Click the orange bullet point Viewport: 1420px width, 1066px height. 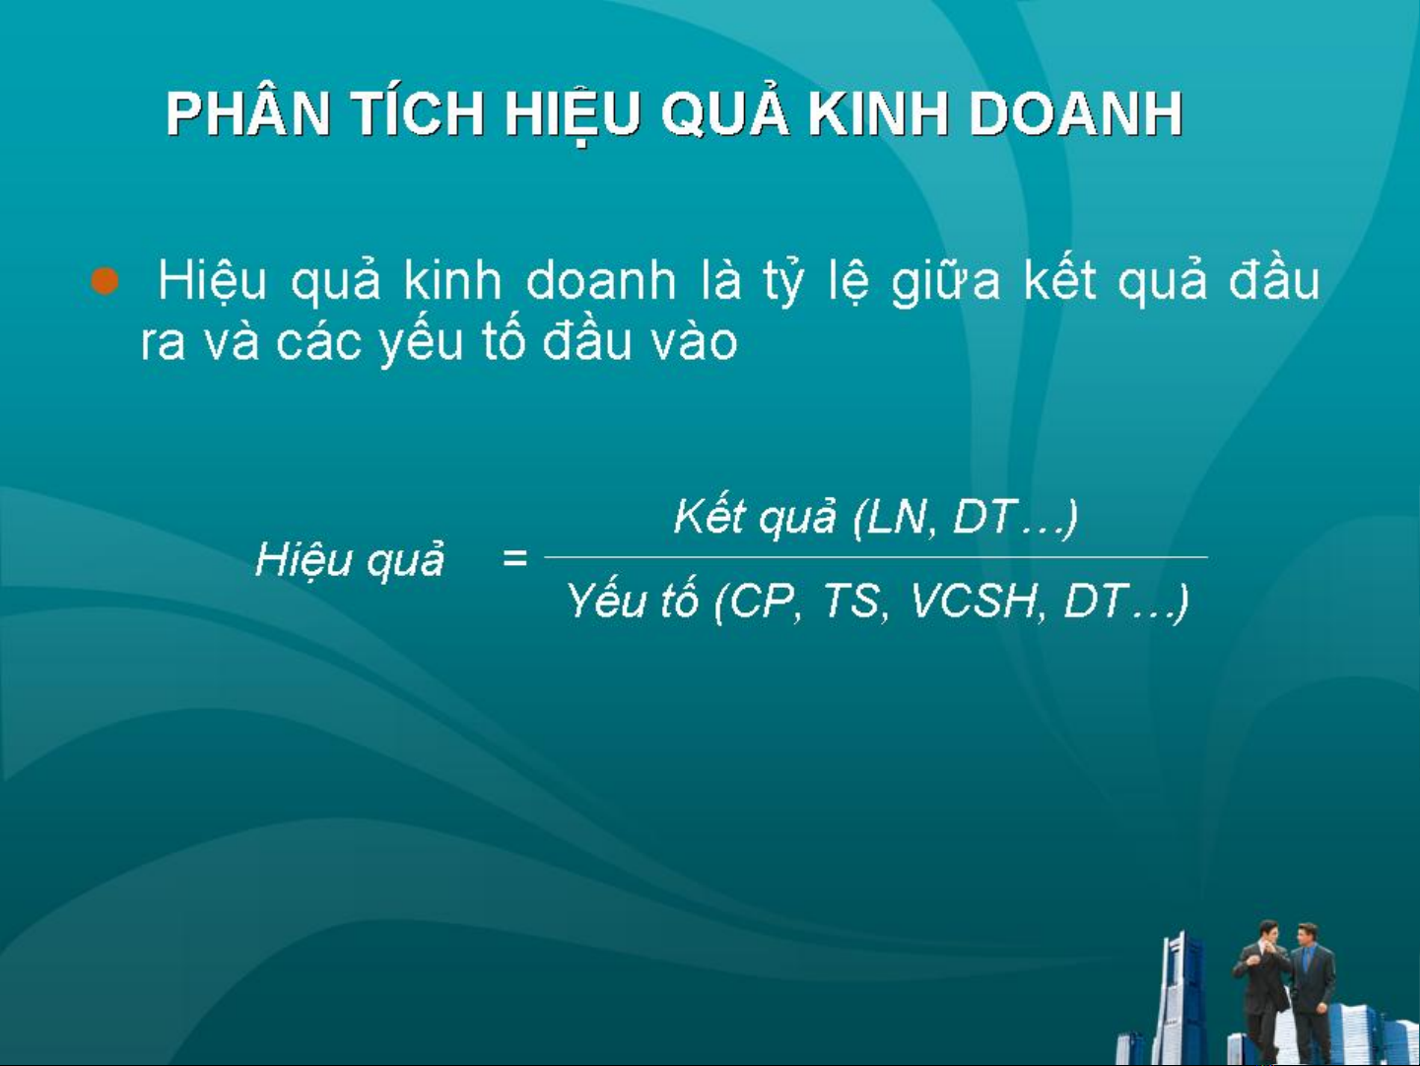point(104,281)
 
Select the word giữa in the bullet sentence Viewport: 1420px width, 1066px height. point(945,282)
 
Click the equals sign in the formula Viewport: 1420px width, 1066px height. point(514,557)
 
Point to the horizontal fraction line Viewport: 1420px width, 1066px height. point(876,556)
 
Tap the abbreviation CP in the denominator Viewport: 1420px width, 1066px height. point(762,602)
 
